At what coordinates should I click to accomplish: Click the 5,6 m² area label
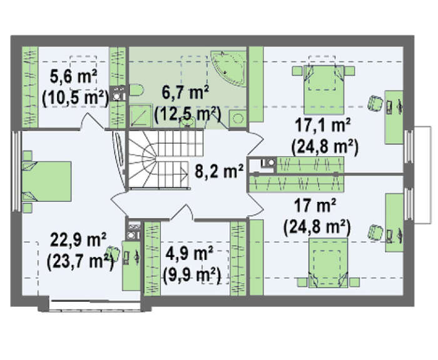(x=73, y=76)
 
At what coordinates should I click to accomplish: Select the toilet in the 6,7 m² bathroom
(x=136, y=89)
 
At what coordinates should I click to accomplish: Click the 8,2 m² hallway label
(x=219, y=171)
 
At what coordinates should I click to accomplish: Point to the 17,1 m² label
(x=323, y=125)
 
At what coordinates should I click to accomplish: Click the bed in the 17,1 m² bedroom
(x=323, y=89)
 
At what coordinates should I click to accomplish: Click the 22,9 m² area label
(x=78, y=240)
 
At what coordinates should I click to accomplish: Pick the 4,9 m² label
(x=190, y=254)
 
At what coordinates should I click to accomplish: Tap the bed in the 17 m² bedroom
(x=328, y=262)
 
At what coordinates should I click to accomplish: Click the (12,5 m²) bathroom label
(x=188, y=114)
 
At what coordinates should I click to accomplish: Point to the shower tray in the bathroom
(x=141, y=116)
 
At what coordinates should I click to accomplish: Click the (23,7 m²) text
(x=80, y=262)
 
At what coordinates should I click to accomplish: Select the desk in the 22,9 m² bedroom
(x=131, y=266)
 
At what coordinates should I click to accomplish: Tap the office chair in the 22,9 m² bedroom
(x=113, y=253)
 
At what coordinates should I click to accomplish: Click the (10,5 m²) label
(x=75, y=99)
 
